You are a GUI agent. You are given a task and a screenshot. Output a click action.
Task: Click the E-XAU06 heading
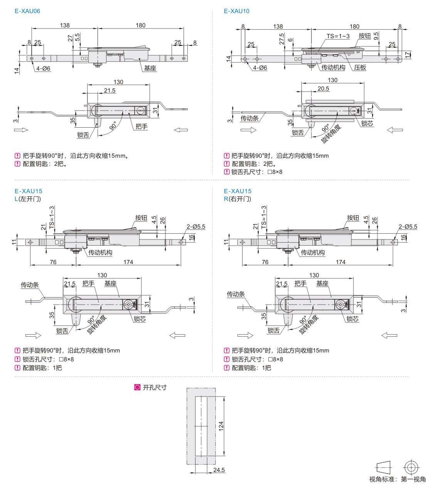point(27,11)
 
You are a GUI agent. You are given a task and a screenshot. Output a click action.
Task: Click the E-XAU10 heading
point(236,11)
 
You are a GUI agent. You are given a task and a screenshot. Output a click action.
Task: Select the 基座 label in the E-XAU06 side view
point(150,68)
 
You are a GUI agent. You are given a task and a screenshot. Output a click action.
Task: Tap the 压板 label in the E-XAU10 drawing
point(360,67)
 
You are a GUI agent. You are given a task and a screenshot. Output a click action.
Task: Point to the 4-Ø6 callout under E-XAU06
point(43,69)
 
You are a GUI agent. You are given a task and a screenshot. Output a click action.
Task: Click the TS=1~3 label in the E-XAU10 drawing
point(338,36)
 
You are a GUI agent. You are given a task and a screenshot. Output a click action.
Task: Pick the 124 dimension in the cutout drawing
point(221,426)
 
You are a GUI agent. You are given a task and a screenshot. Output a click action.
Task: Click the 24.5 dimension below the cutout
point(219,470)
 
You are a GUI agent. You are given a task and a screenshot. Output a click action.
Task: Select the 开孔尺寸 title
point(154,388)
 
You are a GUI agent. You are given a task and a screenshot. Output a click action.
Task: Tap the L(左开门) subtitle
point(27,199)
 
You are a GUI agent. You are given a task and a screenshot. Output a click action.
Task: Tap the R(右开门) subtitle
point(237,199)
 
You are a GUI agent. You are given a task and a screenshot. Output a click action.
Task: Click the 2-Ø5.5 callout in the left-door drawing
point(196,227)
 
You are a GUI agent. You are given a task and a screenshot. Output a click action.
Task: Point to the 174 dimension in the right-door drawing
point(340,262)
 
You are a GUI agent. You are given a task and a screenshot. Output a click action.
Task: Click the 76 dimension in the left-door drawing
point(53,262)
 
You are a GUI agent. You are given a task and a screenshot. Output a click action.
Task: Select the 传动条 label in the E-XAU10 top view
point(249,118)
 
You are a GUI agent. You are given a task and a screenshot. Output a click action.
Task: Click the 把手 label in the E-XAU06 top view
point(142,126)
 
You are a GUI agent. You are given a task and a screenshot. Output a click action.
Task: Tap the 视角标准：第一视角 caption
point(397,479)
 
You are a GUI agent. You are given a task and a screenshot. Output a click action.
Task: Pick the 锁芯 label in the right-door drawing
point(352,319)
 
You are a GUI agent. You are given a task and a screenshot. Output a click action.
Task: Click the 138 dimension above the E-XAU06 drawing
point(65,25)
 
